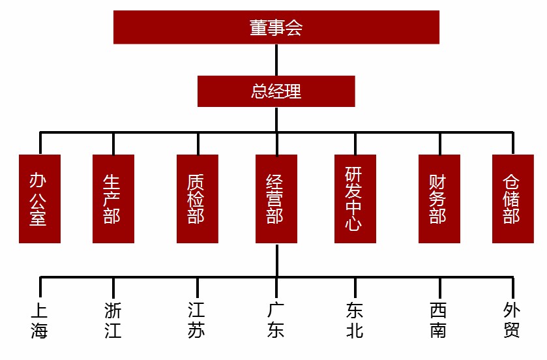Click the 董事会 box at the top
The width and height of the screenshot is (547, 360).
point(276,27)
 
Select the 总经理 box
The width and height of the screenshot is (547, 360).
point(276,91)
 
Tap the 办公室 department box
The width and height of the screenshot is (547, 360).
point(40,199)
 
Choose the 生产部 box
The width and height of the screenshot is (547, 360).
point(113,199)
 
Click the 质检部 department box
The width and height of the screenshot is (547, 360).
point(197,199)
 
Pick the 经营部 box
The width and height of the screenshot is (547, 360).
point(276,199)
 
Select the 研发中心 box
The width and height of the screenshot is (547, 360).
point(355,199)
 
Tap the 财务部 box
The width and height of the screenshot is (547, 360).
point(439,199)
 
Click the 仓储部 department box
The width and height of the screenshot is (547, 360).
point(512,199)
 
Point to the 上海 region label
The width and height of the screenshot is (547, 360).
point(40,320)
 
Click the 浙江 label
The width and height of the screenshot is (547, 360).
point(113,320)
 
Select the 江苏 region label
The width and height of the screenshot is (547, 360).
point(197,320)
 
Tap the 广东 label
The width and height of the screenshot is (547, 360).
point(276,320)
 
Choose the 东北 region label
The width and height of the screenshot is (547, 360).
point(355,320)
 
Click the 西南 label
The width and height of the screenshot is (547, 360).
point(439,320)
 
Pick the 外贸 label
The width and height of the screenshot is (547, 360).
point(512,320)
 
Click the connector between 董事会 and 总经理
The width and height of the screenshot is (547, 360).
point(276,60)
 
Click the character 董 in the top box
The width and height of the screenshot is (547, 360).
point(258,27)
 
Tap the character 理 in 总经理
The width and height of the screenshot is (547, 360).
point(293,91)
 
